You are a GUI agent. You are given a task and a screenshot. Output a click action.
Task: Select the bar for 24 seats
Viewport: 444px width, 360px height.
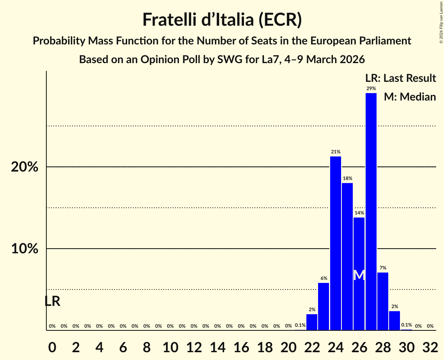tap(336, 243)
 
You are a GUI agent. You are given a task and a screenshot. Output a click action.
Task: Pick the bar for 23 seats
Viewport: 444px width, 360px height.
tap(324, 306)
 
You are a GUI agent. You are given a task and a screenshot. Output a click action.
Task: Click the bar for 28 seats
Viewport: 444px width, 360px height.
tap(383, 301)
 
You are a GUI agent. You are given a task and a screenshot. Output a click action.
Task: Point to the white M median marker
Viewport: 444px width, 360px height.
tap(359, 275)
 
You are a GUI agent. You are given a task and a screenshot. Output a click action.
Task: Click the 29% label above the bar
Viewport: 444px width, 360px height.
tap(371, 88)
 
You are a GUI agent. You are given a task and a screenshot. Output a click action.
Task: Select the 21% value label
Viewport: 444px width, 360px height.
tap(336, 152)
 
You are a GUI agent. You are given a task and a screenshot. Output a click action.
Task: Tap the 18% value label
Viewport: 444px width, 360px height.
tap(347, 178)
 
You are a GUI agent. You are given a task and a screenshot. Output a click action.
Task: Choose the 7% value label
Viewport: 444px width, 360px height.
tap(383, 268)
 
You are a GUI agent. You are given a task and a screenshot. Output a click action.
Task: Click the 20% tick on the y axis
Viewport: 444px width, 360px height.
tap(25, 167)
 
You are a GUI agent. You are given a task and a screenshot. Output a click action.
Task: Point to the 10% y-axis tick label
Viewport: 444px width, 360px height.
tap(25, 249)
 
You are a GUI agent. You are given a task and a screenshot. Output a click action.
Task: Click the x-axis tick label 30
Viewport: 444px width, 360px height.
tap(407, 346)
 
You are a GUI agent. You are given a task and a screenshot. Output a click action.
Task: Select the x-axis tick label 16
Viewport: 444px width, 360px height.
tap(241, 346)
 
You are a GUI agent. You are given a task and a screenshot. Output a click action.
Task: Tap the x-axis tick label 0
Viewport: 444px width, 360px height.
tap(52, 346)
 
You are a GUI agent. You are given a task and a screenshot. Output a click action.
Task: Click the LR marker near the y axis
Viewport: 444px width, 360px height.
tap(52, 301)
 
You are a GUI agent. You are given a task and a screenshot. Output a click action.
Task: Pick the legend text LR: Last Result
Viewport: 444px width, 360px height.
tap(400, 78)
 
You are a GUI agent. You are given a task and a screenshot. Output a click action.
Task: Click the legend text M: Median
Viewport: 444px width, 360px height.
tap(410, 97)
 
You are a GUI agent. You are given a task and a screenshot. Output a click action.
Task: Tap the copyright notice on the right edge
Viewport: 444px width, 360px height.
tap(441, 21)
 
